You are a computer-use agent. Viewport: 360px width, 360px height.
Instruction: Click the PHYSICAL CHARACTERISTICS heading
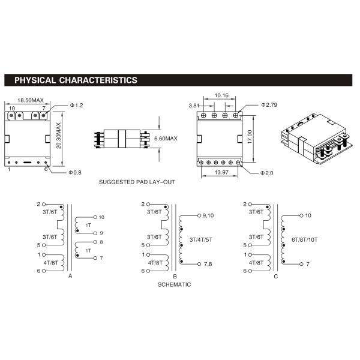[76, 80]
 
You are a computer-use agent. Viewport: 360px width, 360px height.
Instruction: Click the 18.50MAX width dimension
[31, 100]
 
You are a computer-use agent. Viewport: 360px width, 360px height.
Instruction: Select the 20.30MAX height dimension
[59, 136]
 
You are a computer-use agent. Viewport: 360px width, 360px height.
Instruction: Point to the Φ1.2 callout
[76, 106]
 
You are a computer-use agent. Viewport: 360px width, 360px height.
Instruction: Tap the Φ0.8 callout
[75, 172]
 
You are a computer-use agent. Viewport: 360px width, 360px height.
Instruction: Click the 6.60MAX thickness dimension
[166, 139]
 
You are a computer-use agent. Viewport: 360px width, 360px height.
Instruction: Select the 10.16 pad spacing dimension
[221, 95]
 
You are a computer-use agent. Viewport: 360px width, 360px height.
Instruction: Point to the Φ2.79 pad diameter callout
[269, 105]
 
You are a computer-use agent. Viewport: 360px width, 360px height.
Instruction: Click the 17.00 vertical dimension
[250, 137]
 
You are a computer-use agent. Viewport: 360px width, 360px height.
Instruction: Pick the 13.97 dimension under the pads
[221, 172]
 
